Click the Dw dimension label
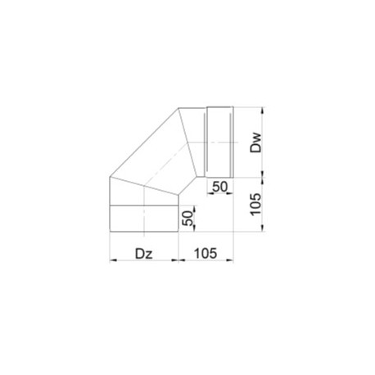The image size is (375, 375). [256, 142]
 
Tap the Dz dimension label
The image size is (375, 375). [144, 254]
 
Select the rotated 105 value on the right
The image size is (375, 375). [255, 205]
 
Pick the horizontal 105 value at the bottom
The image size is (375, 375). [206, 253]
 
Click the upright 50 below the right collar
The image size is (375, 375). [220, 187]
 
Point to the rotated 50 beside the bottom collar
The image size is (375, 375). [187, 219]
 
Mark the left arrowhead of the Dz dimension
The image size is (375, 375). [113, 260]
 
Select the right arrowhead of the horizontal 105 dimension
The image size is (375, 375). [230, 260]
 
